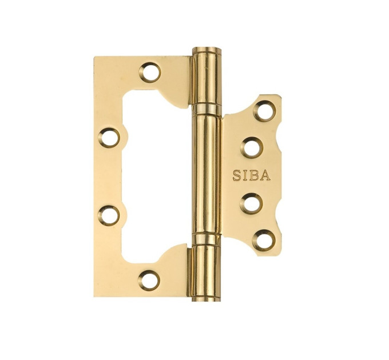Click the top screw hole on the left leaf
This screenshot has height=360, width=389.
click(150, 73)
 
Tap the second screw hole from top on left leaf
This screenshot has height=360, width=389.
click(109, 138)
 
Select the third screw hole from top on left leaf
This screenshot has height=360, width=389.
click(109, 215)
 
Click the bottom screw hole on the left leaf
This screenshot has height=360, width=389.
click(149, 280)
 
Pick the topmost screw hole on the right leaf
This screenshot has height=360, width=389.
click(264, 110)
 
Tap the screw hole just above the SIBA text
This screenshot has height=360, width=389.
click(252, 148)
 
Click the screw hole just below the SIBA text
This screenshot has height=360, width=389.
click(251, 204)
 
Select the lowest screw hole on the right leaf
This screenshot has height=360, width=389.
click(264, 240)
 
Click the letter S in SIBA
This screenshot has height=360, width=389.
click(237, 175)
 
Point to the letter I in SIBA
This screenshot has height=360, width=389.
click(245, 175)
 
